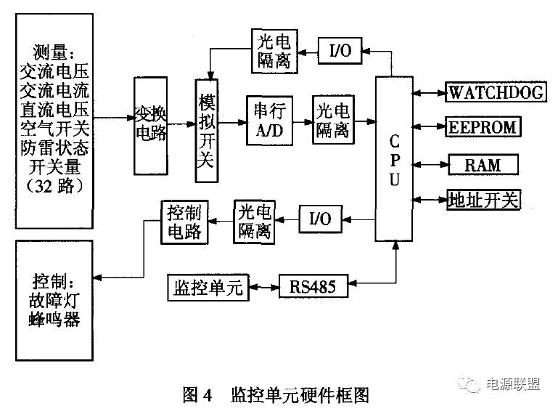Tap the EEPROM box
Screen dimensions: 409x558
(483, 127)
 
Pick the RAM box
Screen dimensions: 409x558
(483, 164)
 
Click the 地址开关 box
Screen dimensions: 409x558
(483, 199)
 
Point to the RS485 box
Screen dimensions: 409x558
(313, 286)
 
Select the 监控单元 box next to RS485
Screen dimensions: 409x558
(208, 286)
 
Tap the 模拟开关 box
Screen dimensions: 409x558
(208, 131)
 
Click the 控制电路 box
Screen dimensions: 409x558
(185, 222)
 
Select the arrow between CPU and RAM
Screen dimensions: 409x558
(430, 164)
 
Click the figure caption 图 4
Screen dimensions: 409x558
(197, 395)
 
